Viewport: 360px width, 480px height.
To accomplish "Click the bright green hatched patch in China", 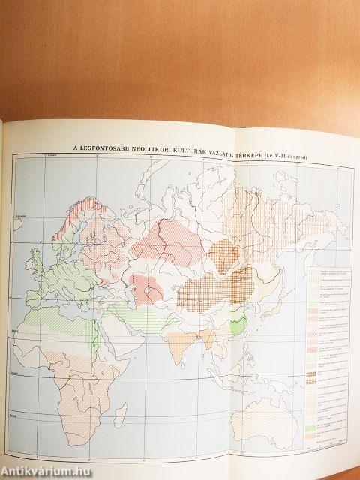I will tap(238, 325).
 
